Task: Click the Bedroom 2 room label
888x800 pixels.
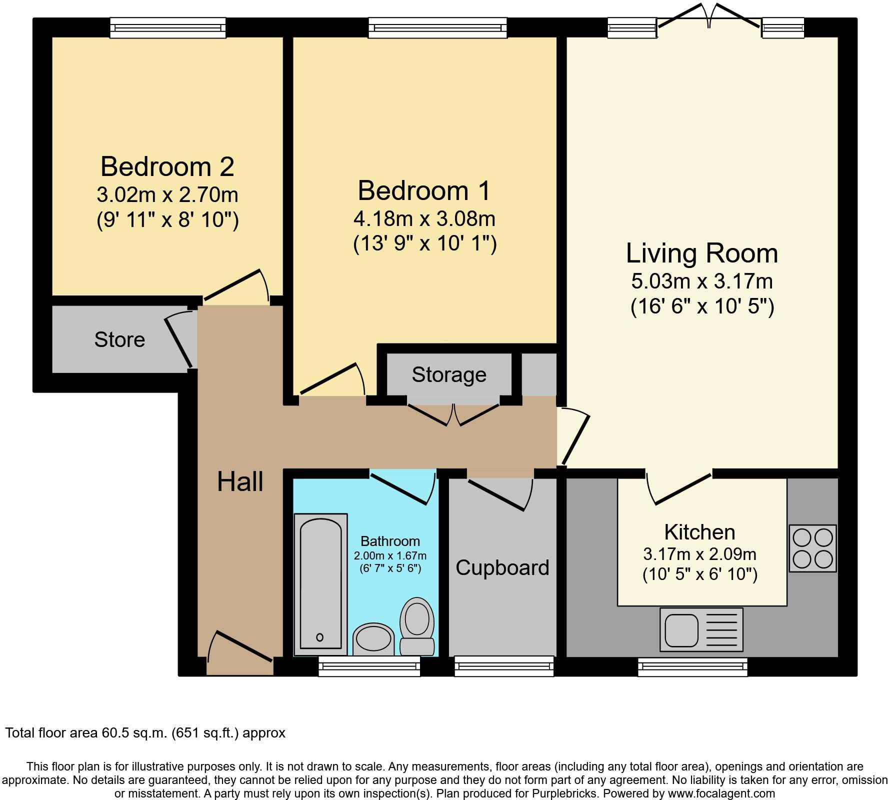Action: [167, 166]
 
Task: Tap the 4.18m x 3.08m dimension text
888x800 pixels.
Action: [424, 218]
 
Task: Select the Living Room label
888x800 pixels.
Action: [701, 253]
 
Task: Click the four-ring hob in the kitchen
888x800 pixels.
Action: [812, 548]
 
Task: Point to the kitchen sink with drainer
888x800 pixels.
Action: [701, 629]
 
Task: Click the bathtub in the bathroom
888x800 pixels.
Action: [320, 583]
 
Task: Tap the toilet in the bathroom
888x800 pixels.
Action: [417, 626]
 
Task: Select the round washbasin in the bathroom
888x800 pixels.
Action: [373, 638]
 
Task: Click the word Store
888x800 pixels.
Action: [119, 340]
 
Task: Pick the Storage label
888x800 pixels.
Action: [448, 374]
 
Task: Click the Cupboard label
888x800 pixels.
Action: [502, 567]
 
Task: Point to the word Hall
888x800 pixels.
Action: [240, 482]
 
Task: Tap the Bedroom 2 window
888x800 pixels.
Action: [167, 27]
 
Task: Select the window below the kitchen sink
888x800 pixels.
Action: [692, 666]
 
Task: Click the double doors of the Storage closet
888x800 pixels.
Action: [453, 412]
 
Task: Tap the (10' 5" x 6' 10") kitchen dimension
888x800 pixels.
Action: [699, 574]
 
